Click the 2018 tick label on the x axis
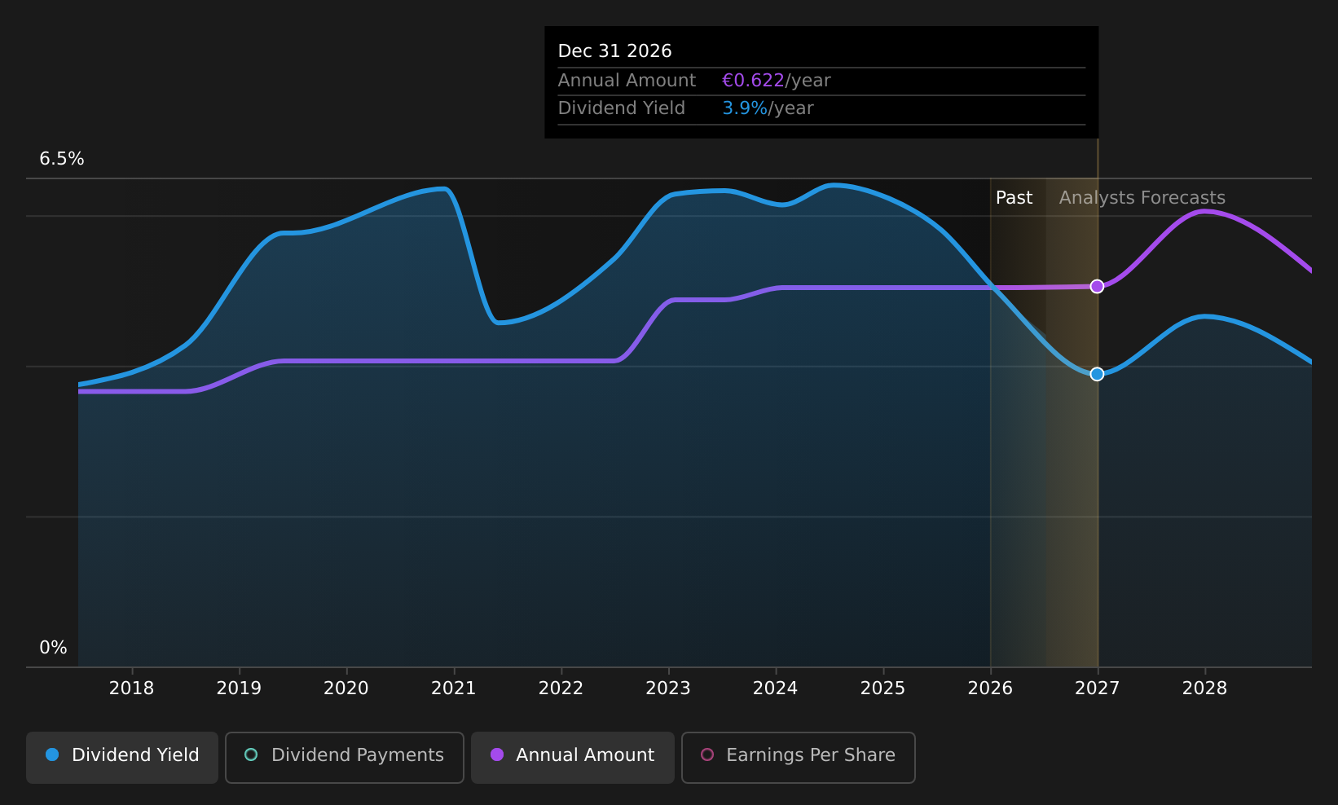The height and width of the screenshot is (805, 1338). pos(131,688)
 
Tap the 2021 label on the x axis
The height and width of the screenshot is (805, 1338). pos(453,688)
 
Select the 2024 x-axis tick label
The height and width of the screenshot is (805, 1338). pos(775,688)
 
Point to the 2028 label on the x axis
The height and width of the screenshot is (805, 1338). pos(1205,688)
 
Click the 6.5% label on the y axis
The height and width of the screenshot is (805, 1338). pos(62,159)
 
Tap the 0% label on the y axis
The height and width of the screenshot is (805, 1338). pos(53,648)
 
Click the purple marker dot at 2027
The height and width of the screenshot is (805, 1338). pos(1097,287)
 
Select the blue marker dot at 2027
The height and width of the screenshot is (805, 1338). pos(1097,375)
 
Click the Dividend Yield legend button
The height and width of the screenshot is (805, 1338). pos(122,757)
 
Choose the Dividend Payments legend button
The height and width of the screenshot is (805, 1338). pos(345,757)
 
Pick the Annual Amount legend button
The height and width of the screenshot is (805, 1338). pos(573,757)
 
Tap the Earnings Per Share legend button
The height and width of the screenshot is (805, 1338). pos(799,757)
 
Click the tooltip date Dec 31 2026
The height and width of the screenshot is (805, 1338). pos(614,51)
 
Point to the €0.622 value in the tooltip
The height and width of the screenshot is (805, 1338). pos(753,81)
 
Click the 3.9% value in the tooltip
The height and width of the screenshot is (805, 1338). pos(745,108)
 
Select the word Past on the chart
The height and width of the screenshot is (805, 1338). pos(1014,198)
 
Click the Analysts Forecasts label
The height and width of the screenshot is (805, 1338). pos(1142,198)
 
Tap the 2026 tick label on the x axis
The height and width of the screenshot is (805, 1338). pos(990,688)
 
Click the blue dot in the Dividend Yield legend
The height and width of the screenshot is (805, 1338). pos(53,754)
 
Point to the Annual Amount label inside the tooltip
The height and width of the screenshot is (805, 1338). pos(627,81)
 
